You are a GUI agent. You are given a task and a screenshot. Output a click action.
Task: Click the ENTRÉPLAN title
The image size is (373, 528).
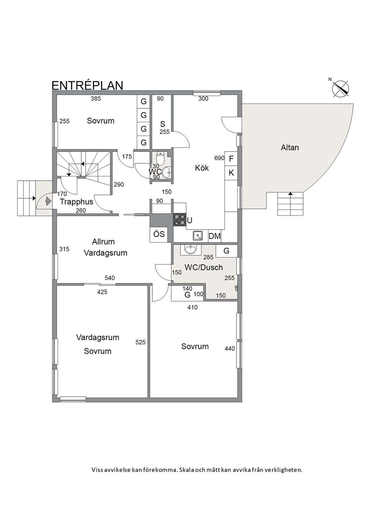87,85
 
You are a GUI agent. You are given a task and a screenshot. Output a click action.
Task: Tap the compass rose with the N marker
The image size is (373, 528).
340,89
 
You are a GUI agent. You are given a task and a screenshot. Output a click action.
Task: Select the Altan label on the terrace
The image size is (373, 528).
290,148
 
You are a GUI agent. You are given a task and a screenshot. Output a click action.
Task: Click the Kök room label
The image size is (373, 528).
202,168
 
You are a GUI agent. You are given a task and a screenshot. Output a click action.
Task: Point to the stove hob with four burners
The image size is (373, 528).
180,220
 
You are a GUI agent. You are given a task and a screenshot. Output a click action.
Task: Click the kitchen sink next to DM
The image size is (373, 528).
198,236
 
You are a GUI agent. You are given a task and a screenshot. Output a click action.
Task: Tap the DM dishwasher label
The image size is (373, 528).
215,236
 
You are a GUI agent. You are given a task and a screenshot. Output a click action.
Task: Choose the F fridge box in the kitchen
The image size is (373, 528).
231,159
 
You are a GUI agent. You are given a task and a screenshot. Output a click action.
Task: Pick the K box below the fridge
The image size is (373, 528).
231,173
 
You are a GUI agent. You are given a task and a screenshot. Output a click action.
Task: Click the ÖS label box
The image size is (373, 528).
159,234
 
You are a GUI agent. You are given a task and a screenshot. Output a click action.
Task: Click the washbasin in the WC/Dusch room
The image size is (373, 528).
191,250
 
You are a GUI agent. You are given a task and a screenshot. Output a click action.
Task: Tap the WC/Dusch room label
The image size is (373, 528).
204,268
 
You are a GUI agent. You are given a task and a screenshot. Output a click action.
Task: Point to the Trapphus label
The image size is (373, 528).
77,202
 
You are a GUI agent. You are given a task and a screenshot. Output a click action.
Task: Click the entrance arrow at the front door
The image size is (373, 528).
48,201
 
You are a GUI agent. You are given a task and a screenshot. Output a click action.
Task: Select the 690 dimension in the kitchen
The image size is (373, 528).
219,158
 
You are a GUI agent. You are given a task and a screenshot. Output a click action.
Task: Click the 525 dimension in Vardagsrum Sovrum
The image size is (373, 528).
140,342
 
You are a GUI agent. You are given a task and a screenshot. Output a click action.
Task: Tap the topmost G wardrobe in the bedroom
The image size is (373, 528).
143,102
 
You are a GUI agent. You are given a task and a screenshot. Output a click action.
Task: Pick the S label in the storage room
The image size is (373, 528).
163,124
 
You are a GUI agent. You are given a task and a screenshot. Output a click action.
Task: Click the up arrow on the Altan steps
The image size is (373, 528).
290,194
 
